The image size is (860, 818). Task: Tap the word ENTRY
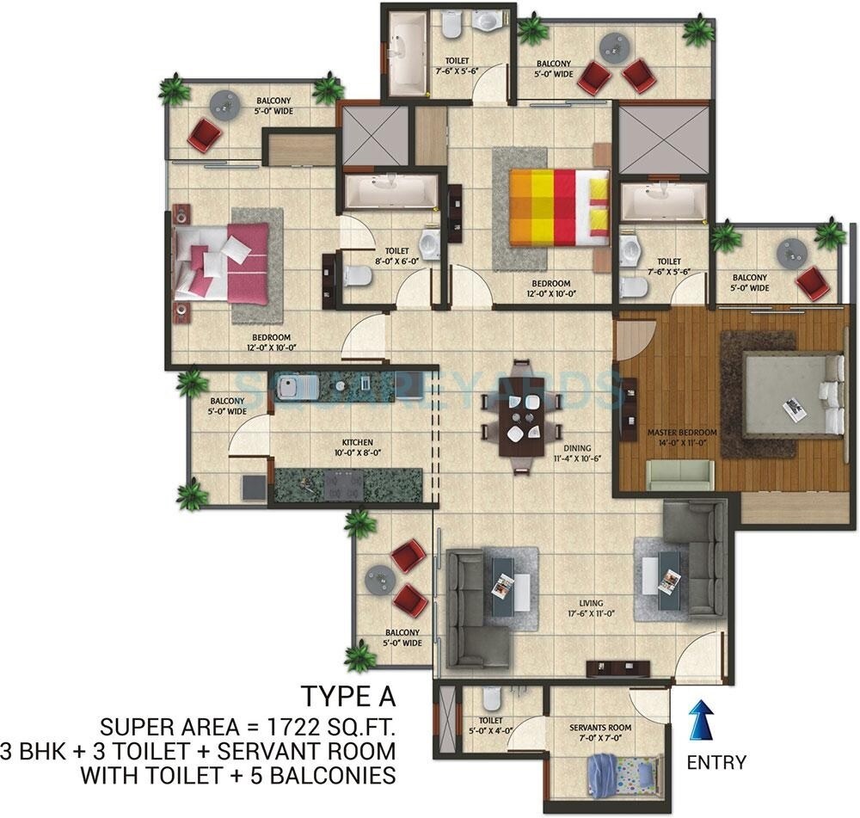point(716,762)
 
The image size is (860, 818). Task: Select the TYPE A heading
point(347,695)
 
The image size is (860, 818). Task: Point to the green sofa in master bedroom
point(679,474)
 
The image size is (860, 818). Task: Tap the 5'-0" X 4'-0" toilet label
point(491,726)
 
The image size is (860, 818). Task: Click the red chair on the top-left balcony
point(205,134)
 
